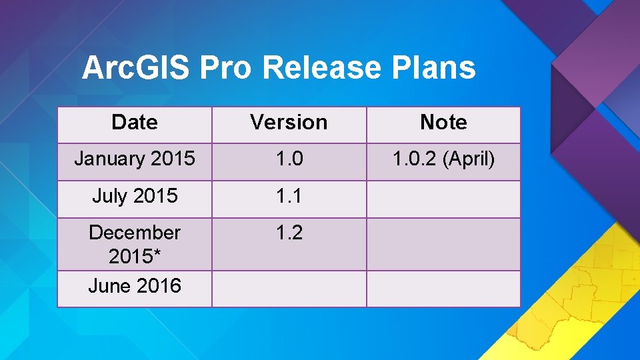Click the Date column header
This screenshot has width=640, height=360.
135,123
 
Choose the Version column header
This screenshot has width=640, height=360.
289,123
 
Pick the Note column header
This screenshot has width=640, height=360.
443,123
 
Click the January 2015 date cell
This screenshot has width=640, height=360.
135,159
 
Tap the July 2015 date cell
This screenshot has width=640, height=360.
135,197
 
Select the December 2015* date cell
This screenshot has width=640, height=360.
135,243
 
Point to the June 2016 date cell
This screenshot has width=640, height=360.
135,286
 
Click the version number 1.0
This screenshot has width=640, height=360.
289,159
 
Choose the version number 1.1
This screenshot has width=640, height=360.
289,197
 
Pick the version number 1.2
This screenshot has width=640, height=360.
289,233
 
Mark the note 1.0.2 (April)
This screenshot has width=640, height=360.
443,159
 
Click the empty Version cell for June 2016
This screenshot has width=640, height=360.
289,289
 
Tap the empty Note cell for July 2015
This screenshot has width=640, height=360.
443,199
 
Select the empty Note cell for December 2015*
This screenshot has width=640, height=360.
443,244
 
